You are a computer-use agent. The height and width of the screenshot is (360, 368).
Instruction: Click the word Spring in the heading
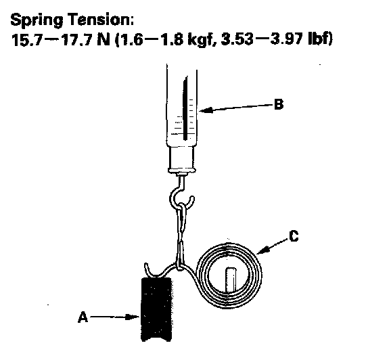(x=37, y=20)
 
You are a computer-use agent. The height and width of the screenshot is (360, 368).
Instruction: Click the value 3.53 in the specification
(x=237, y=39)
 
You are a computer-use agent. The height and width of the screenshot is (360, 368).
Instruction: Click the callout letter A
(x=83, y=317)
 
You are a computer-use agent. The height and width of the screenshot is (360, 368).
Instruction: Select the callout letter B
(x=279, y=104)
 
